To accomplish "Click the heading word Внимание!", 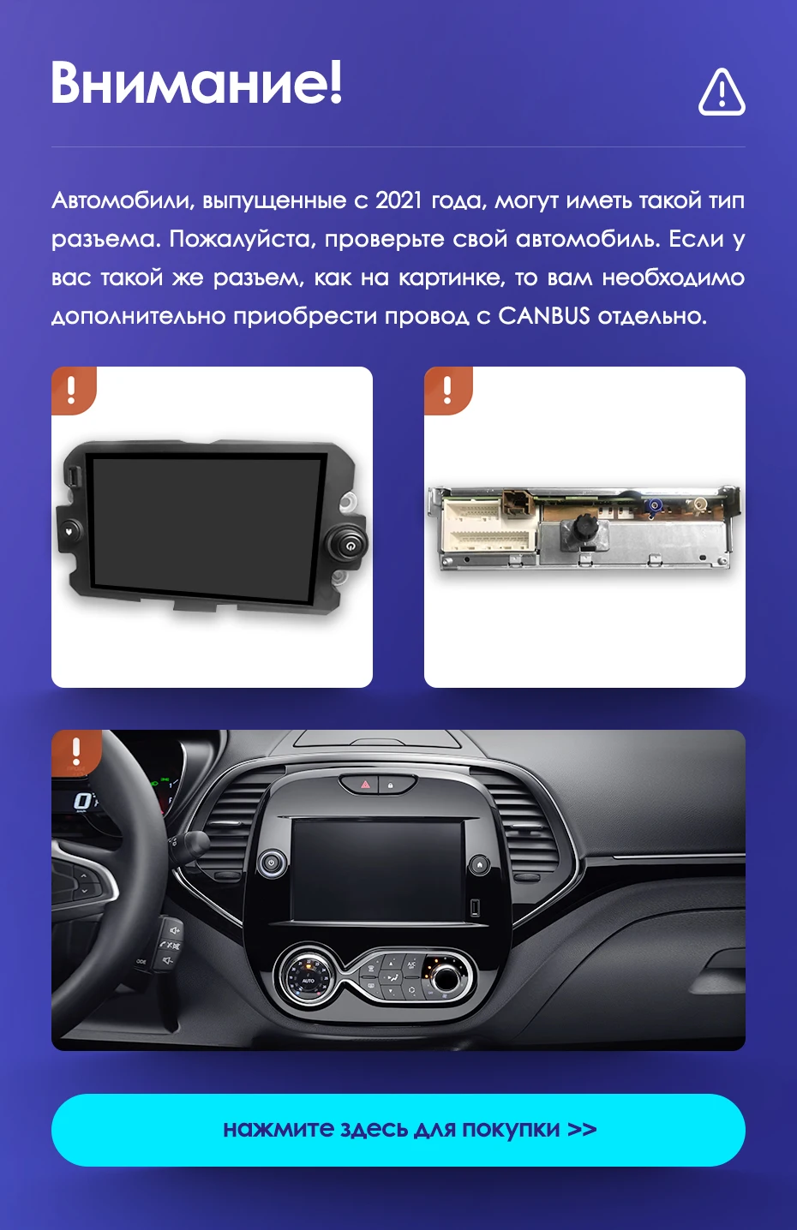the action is point(196,82).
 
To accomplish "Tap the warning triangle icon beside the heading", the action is point(722,92).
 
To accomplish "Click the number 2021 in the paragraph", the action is point(399,201).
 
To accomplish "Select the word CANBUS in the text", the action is point(544,316).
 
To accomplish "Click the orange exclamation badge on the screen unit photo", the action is point(73,390).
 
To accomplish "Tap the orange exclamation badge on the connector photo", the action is point(447,390).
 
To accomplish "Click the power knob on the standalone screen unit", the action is point(347,544).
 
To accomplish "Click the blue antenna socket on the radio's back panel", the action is point(654,507).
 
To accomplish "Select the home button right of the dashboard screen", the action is point(480,864).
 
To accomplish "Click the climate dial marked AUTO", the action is point(309,978).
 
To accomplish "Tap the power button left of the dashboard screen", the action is point(272,863).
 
